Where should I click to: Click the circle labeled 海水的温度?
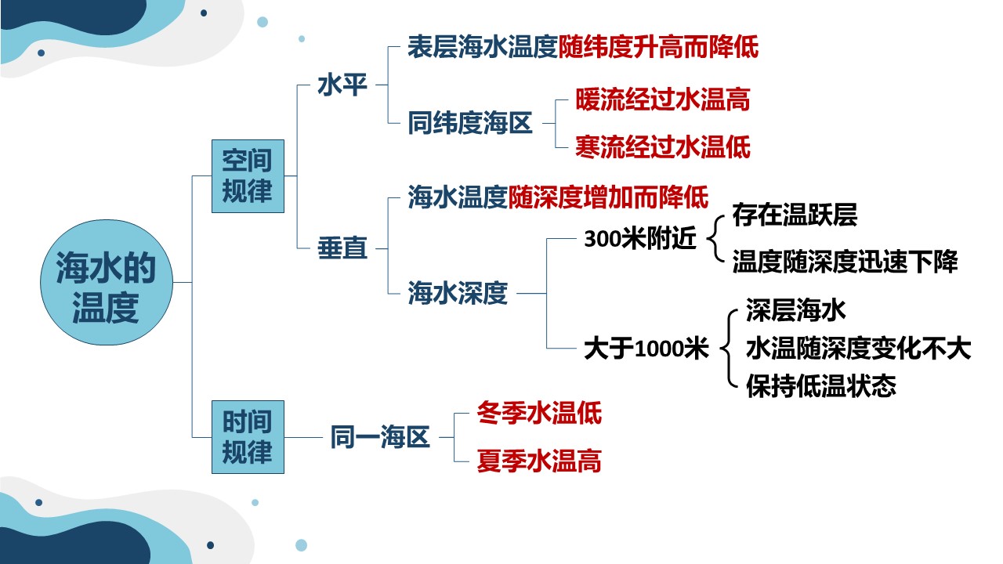107,283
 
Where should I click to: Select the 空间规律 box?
248,176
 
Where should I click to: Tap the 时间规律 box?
248,437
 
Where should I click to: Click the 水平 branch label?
342,85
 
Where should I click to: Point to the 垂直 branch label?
342,248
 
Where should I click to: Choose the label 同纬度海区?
469,123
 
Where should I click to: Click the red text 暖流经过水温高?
663,99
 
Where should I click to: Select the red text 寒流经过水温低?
663,146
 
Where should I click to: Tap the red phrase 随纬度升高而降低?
658,46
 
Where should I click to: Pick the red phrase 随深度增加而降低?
608,197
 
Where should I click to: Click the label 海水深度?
458,293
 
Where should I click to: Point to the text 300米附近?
640,238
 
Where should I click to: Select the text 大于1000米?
646,349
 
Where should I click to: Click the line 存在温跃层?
795,215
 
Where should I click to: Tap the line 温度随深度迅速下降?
845,262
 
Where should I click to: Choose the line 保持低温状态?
821,386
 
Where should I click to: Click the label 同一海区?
380,437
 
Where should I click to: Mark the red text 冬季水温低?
539,413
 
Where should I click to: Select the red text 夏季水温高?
539,461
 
